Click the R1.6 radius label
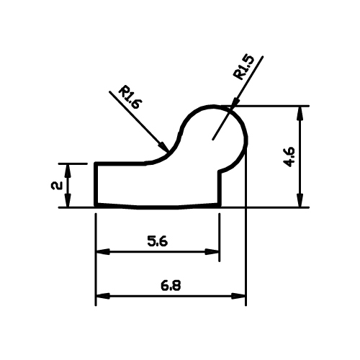130,97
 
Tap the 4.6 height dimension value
289,157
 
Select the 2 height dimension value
57,186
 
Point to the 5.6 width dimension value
158,241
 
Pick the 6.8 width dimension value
171,286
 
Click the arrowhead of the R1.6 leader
163,146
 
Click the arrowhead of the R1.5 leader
236,101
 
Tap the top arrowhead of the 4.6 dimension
300,113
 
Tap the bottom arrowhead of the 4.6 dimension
300,200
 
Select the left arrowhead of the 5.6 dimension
103,252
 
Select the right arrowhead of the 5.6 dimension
212,252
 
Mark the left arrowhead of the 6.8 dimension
103,296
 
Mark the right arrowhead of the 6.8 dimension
238,296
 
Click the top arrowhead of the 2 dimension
68,171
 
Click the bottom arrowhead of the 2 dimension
68,200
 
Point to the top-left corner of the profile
96,163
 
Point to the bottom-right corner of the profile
220,206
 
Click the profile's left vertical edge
96,185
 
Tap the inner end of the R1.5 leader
212,140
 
